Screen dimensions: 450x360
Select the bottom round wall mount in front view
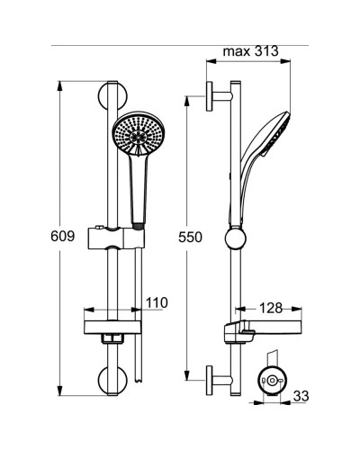[115, 380]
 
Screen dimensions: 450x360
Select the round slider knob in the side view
[234, 240]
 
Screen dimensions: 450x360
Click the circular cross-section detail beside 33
[272, 382]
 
